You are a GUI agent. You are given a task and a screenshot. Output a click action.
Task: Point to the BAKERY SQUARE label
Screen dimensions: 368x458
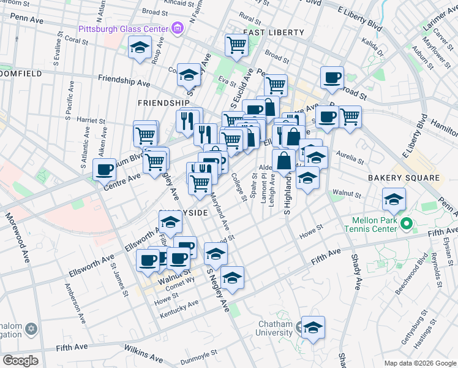[x=404, y=178]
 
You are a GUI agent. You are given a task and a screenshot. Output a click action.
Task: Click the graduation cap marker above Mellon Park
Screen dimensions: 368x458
[x=394, y=199]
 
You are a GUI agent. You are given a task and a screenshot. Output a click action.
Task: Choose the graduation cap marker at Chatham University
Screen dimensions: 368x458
[x=313, y=327]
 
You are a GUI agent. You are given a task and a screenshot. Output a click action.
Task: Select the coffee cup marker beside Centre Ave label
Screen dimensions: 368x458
[x=105, y=169]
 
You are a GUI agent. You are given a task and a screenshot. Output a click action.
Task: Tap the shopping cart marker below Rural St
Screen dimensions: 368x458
[x=236, y=44]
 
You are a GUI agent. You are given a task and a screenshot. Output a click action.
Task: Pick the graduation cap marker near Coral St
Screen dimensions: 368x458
[x=140, y=47]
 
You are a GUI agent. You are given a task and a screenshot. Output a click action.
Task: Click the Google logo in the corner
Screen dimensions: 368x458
[x=20, y=360]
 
